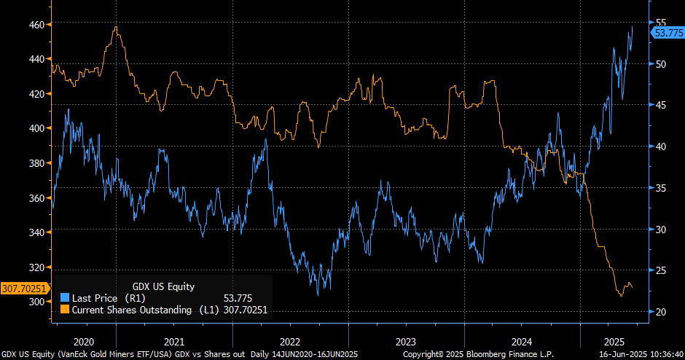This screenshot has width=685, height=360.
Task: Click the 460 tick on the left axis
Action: click(35, 25)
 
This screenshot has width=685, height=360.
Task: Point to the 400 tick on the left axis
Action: click(35, 128)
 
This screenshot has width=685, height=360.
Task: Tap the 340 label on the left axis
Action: click(35, 232)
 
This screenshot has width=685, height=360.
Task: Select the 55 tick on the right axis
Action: click(662, 23)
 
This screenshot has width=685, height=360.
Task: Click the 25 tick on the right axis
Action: click(662, 270)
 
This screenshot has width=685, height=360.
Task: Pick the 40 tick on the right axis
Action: click(662, 146)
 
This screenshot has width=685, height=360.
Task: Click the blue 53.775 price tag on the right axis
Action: click(668, 33)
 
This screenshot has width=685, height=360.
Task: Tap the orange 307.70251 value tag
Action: click(24, 289)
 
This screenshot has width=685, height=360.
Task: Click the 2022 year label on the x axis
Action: click(290, 341)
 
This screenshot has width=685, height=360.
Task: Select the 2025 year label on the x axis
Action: click(616, 341)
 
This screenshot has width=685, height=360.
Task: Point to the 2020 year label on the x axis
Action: click(85, 341)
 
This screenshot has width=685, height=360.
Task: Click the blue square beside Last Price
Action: click(64, 298)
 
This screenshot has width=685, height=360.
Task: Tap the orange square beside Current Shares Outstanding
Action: click(64, 310)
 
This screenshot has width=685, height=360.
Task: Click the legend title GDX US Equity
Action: click(163, 286)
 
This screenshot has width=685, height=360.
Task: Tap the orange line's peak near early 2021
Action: click(117, 28)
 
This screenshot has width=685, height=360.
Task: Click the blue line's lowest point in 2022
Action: click(318, 294)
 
